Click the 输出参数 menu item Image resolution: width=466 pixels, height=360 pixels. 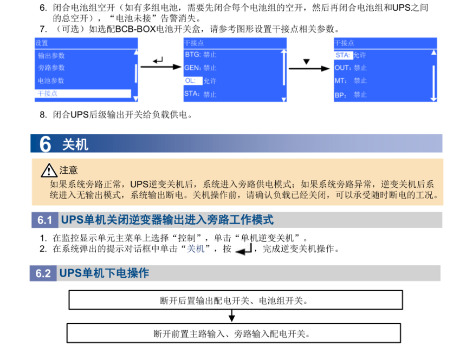(51, 56)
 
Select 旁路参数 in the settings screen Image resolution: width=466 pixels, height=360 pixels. (51, 68)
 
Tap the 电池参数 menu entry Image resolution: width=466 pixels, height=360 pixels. (51, 81)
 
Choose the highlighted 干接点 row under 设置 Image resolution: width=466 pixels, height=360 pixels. (83, 94)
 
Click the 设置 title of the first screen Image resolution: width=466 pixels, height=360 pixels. (42, 43)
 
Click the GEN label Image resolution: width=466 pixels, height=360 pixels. (192, 68)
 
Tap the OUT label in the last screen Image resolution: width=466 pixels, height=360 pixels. (342, 68)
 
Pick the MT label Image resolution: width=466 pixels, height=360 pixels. (341, 81)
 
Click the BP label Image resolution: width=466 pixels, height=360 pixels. (340, 95)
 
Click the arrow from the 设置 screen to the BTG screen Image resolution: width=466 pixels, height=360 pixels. (161, 67)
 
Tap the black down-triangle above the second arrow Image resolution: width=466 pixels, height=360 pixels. (306, 62)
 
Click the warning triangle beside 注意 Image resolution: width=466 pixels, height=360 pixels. (49, 170)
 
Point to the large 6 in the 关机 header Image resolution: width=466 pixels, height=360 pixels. (45, 144)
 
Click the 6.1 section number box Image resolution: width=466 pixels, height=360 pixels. (45, 220)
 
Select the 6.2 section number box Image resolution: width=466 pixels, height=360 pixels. (43, 273)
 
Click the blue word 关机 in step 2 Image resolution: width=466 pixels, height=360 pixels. (196, 248)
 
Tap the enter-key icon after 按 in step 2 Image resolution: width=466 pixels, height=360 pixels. (244, 249)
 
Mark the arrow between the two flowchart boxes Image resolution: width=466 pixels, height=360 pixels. (232, 316)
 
